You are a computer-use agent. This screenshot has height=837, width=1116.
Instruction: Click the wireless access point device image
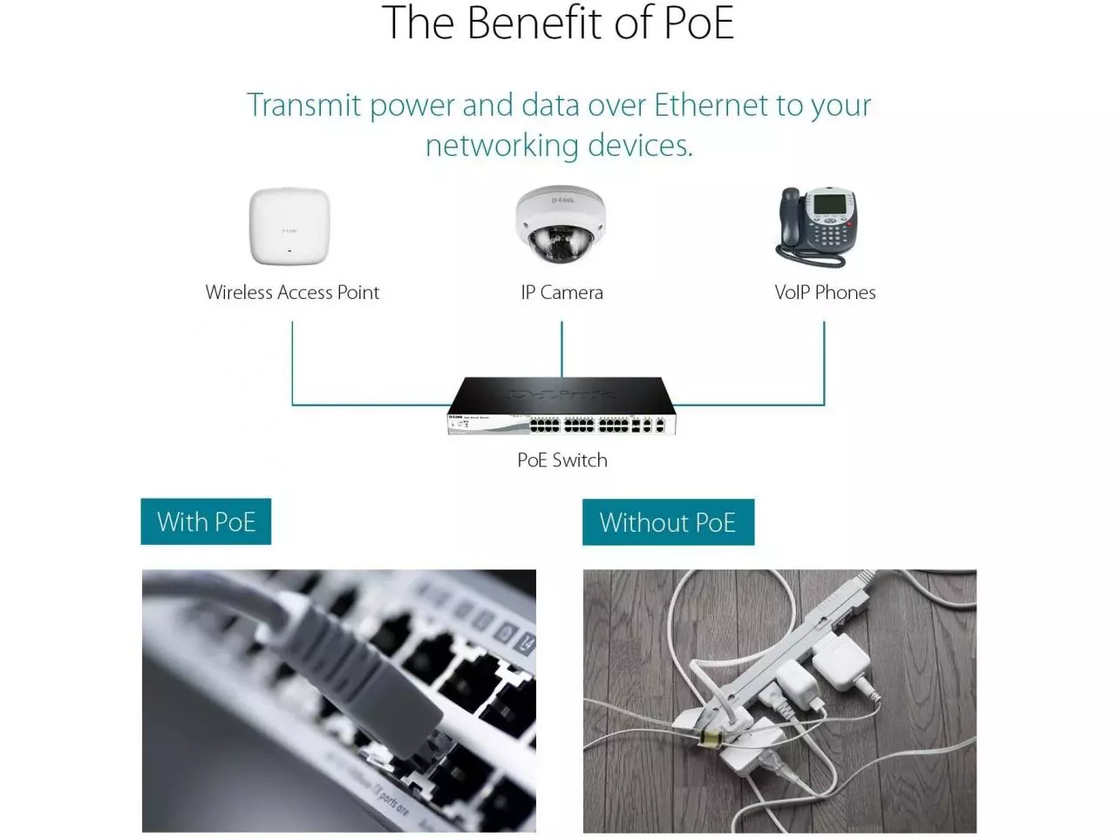pyautogui.click(x=289, y=227)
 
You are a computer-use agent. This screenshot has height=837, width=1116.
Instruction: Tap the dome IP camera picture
pyautogui.click(x=560, y=225)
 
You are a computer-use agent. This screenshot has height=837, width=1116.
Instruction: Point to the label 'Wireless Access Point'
pyautogui.click(x=292, y=293)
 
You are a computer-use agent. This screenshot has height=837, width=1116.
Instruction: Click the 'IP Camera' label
pyautogui.click(x=561, y=293)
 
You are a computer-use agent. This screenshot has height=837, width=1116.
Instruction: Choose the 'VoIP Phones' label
pyautogui.click(x=825, y=293)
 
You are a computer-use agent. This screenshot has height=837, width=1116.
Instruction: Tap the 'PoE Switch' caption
pyautogui.click(x=561, y=460)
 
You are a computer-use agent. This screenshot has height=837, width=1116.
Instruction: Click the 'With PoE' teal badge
pyautogui.click(x=206, y=521)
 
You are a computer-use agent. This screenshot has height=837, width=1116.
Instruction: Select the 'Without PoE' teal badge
pyautogui.click(x=668, y=522)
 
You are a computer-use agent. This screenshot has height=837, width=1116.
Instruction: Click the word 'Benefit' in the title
pyautogui.click(x=535, y=24)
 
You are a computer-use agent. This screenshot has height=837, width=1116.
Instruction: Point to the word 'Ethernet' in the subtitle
pyautogui.click(x=711, y=105)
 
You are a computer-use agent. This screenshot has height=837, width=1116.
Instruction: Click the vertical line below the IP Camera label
pyautogui.click(x=561, y=349)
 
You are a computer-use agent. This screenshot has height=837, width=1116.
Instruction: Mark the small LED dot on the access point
pyautogui.click(x=289, y=251)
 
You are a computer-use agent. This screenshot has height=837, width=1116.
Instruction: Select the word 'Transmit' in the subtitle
pyautogui.click(x=303, y=105)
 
